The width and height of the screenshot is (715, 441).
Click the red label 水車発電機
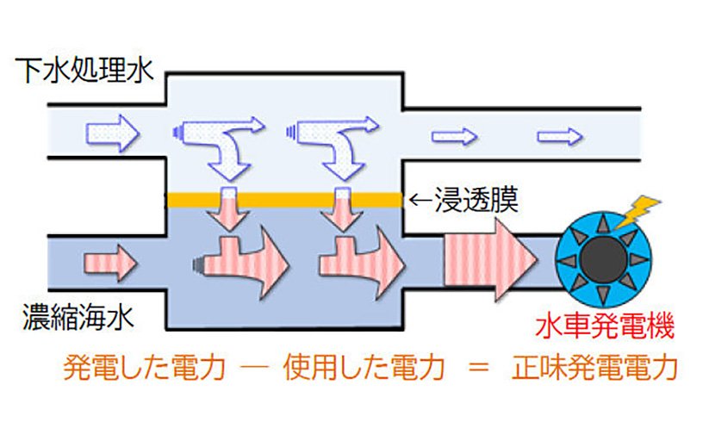[x=603, y=326]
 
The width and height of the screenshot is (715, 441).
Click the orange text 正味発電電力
[x=595, y=368]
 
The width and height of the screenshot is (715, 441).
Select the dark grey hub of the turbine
[x=600, y=260]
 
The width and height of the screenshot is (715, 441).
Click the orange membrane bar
[x=284, y=199]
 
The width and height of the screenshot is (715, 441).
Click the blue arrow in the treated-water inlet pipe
[x=110, y=133]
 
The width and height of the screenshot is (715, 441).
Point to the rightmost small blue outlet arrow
[x=560, y=135]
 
